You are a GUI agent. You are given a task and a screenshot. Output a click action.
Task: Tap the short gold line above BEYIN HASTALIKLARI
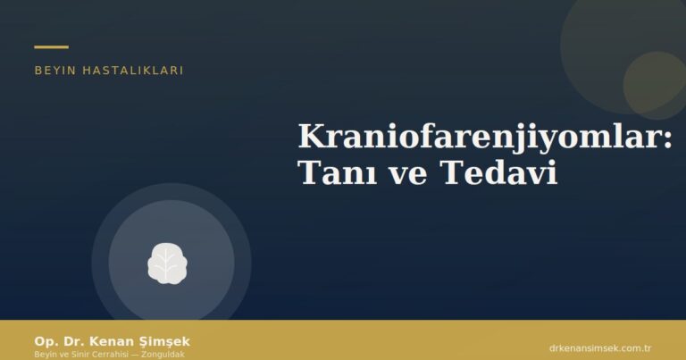(51, 46)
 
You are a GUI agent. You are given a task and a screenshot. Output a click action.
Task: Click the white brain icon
(167, 263)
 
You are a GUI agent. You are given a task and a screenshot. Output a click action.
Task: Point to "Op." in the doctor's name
(45, 341)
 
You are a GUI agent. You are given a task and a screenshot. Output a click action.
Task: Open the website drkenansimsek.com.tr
(599, 347)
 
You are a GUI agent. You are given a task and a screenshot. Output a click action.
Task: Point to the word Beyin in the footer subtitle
(45, 355)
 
